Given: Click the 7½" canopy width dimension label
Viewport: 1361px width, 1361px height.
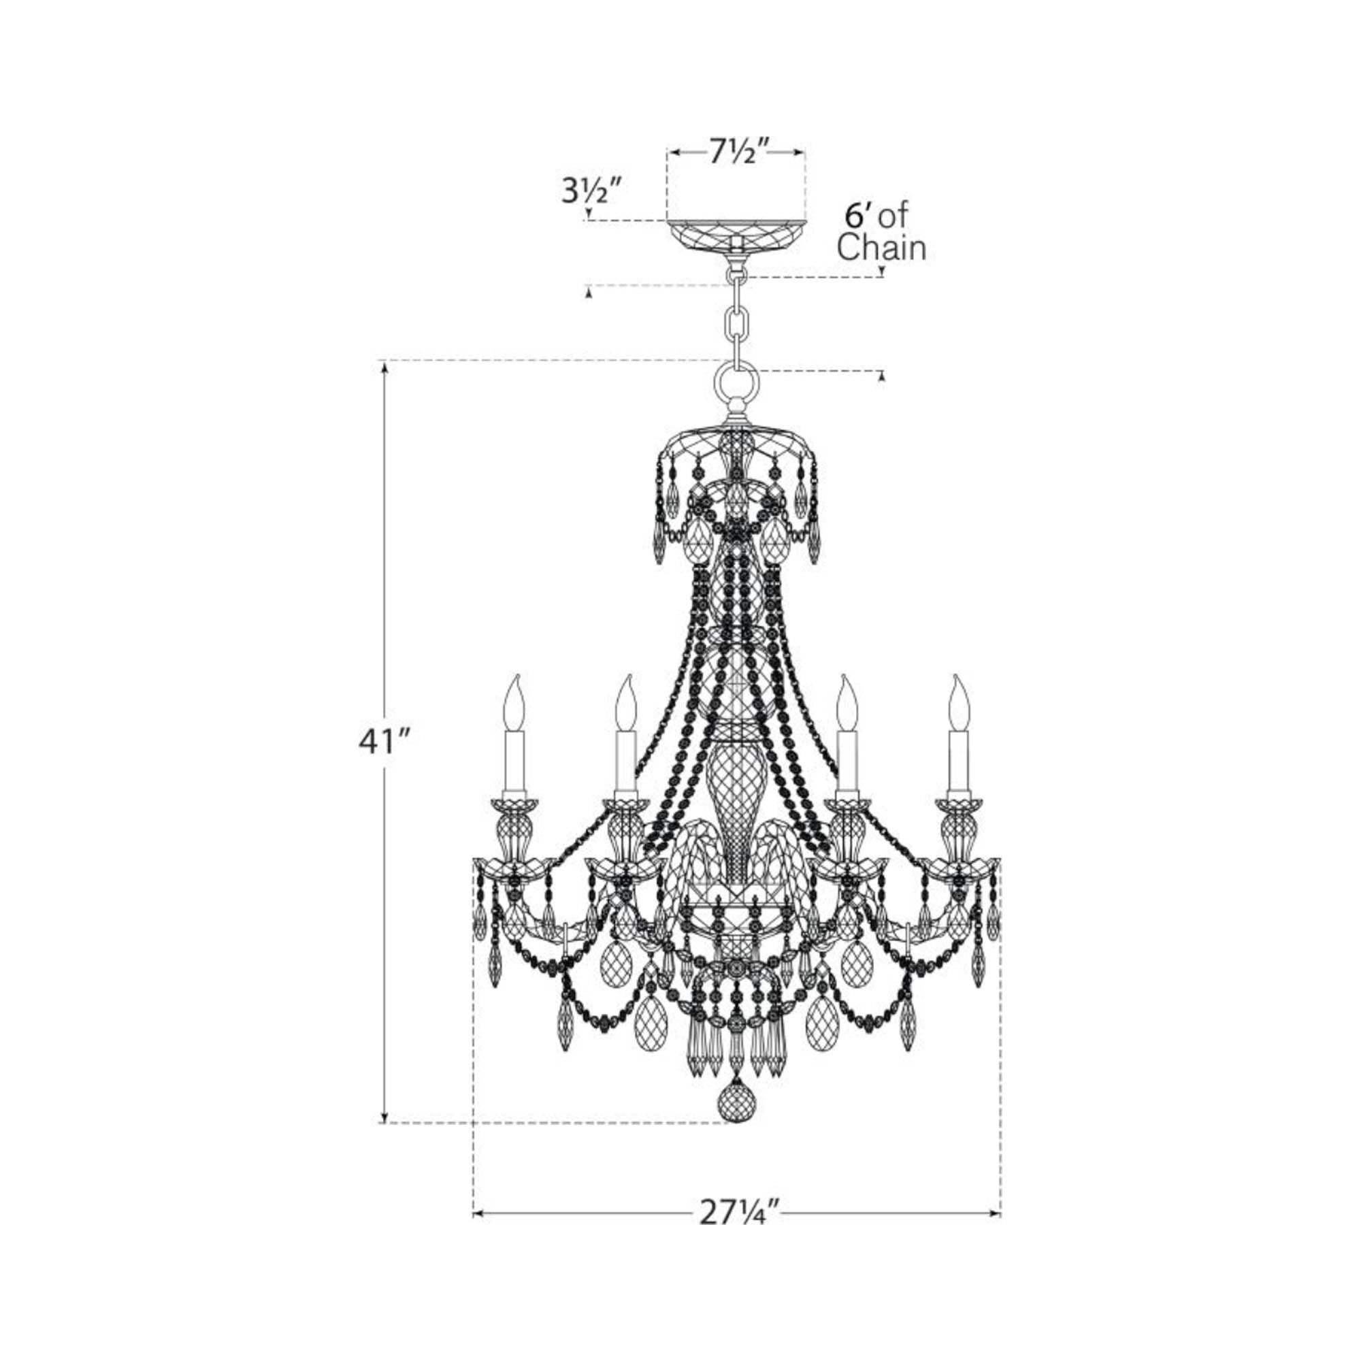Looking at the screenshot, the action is (x=736, y=153).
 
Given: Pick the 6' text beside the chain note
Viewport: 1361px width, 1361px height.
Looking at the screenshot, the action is (x=857, y=216).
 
